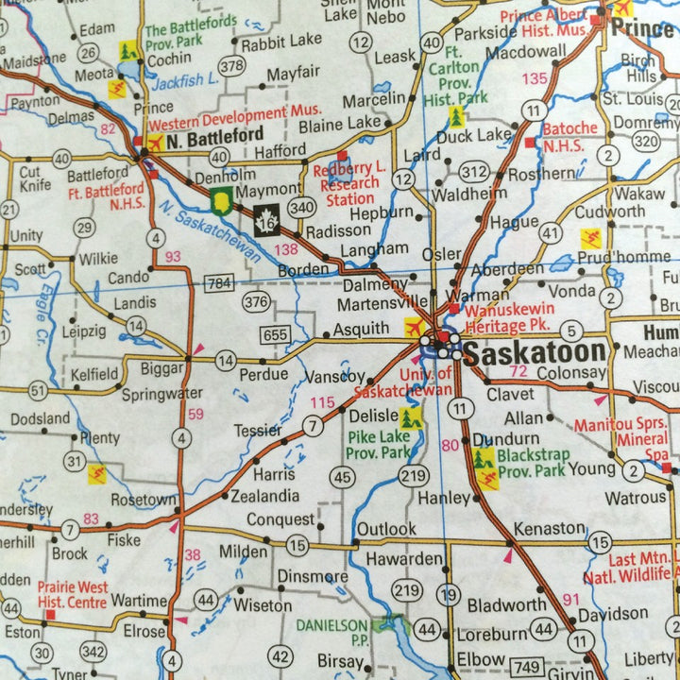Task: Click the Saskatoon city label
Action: click(x=535, y=353)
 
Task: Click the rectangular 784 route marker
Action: click(x=220, y=282)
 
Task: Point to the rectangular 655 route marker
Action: click(x=276, y=334)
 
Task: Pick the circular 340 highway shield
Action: click(x=302, y=207)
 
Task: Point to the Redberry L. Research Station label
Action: click(x=348, y=182)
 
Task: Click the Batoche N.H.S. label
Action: click(x=569, y=135)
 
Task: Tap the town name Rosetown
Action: click(x=144, y=500)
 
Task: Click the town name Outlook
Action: click(x=385, y=529)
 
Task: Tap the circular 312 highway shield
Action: click(x=475, y=171)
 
